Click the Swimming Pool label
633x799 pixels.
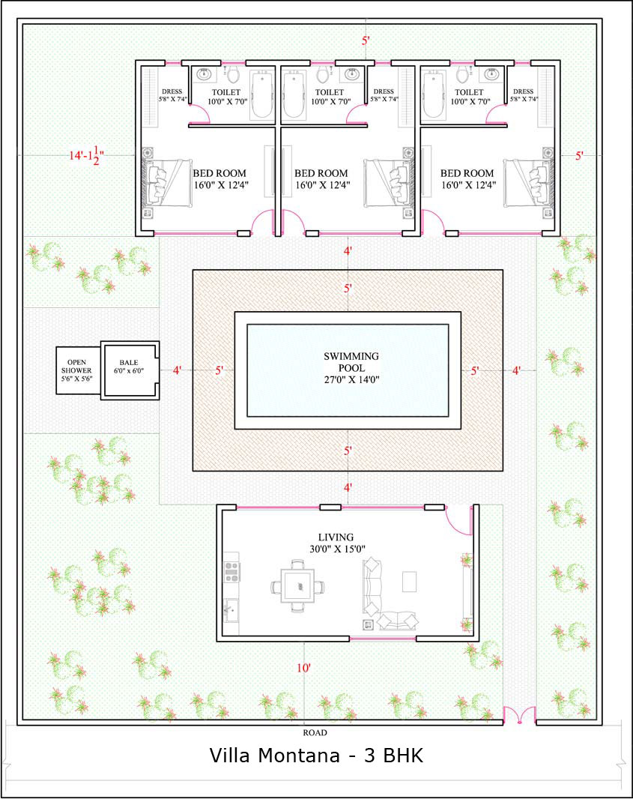coord(351,367)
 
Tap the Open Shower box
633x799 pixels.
coord(78,370)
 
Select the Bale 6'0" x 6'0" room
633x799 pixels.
coord(130,370)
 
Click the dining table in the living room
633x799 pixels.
coord(298,586)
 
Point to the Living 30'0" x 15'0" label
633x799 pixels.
coord(337,543)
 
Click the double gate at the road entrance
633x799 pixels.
coord(519,715)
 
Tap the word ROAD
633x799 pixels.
coord(315,733)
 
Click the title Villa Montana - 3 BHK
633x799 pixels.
coord(316,756)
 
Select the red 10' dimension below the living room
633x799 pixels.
coord(303,668)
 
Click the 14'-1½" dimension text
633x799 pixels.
coord(87,155)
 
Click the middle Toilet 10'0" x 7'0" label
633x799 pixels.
coord(330,97)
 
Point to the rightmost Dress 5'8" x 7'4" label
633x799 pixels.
coord(524,95)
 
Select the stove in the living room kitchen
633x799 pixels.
coord(231,572)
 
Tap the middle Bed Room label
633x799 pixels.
coord(322,179)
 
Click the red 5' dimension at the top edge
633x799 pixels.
coord(366,40)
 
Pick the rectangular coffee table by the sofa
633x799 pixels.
coord(409,582)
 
